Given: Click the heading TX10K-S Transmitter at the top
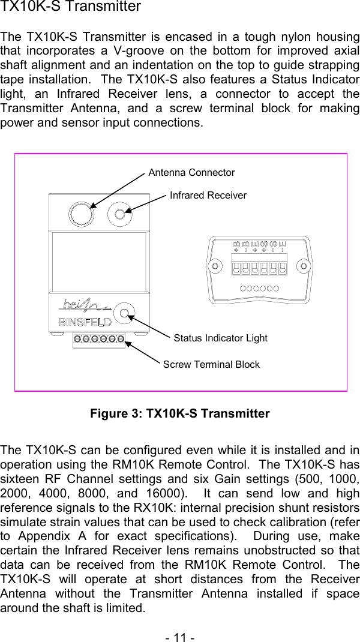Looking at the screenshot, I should click(x=71, y=7).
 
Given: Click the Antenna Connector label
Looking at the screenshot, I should click(x=191, y=173).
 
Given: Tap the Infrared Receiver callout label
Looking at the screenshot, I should click(x=208, y=196).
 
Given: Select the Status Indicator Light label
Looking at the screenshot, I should click(x=220, y=338).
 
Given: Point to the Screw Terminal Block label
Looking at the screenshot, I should click(x=211, y=365).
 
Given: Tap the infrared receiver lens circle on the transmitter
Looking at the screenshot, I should click(x=120, y=214).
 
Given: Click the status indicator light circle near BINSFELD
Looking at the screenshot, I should click(x=125, y=312).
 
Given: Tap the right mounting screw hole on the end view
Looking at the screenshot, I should click(x=304, y=265).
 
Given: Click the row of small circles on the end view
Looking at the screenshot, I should click(x=259, y=288).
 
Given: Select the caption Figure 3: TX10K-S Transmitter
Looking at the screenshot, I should click(x=179, y=414).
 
